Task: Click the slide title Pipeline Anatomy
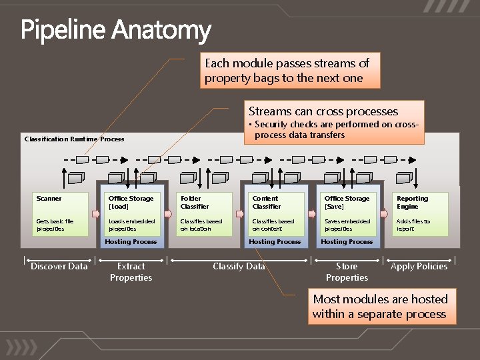pos(116,31)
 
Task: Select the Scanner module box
pos(62,214)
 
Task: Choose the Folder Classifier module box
pos(206,214)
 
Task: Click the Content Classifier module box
pos(278,214)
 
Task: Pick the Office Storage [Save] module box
pos(350,214)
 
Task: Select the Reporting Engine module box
pos(422,214)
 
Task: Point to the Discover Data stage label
pos(59,267)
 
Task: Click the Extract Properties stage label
pos(131,272)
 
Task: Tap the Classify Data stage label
pos(239,267)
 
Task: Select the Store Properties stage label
pos(347,272)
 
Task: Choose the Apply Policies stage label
pos(419,267)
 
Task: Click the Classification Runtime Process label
pos(74,139)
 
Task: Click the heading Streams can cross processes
pos(323,111)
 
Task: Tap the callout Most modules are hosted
pos(381,307)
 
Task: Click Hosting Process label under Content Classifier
pos(275,242)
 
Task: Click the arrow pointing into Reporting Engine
pos(384,214)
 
